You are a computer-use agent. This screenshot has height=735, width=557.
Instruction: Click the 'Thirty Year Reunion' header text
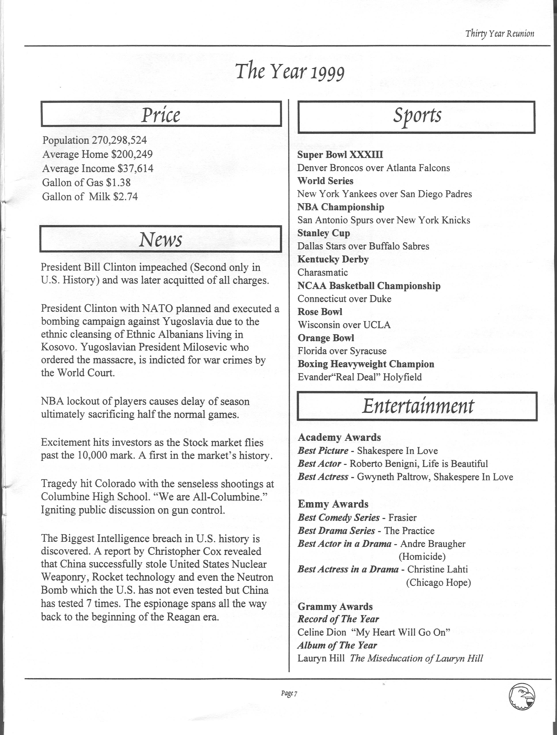[x=500, y=34]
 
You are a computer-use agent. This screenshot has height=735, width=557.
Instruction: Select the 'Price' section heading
[x=161, y=115]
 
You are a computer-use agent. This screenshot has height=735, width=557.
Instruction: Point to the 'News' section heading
[x=160, y=239]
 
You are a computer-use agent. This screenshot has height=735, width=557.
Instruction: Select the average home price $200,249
[x=132, y=154]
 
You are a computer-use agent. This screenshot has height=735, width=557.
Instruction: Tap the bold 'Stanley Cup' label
[x=324, y=233]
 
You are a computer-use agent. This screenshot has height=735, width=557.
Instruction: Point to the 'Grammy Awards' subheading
[x=335, y=606]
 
